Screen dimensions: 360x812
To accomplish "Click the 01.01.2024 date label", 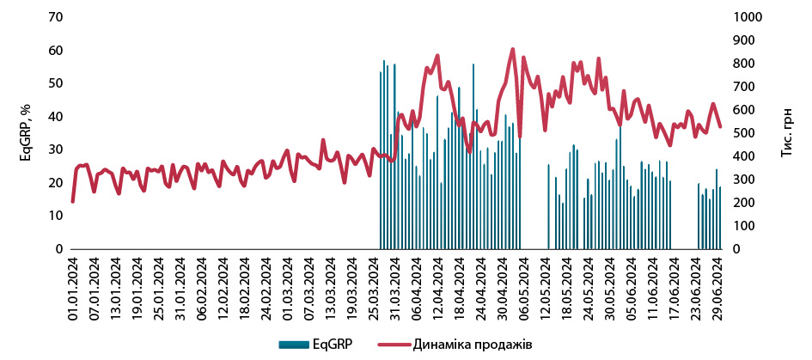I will click(73, 285).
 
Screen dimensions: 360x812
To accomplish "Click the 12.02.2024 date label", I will click(224, 285).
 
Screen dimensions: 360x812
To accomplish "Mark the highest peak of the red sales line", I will click(513, 49).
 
